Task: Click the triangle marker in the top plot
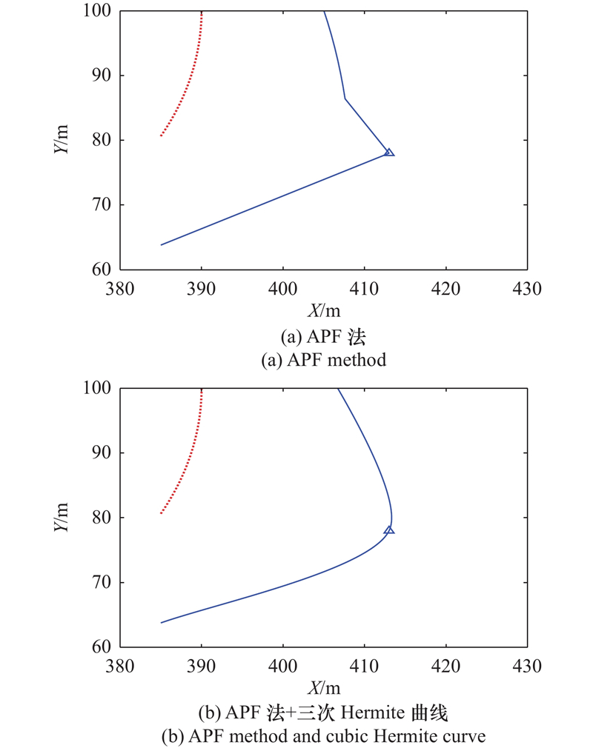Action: pos(389,153)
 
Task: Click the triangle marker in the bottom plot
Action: pos(389,530)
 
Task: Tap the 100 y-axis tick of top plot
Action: pos(102,11)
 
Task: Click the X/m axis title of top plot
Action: pos(324,307)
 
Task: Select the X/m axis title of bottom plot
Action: pos(324,684)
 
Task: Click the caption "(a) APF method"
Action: pos(324,361)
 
